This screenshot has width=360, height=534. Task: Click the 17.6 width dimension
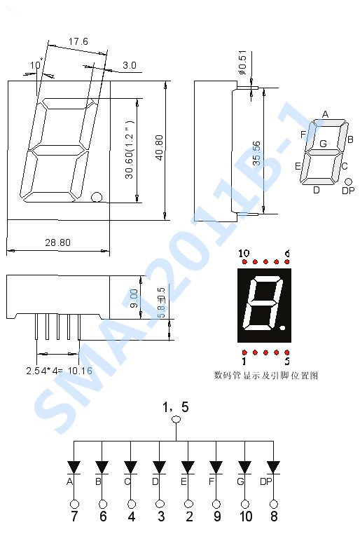click(x=78, y=42)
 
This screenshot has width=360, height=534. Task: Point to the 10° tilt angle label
click(x=36, y=66)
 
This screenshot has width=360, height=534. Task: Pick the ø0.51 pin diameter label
click(x=242, y=62)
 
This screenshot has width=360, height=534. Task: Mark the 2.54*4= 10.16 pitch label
click(x=59, y=370)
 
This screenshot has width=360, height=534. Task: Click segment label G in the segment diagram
click(x=323, y=144)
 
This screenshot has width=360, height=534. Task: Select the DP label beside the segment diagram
click(x=347, y=191)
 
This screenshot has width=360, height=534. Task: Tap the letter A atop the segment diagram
click(x=325, y=114)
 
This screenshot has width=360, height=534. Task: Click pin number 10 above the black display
click(x=244, y=253)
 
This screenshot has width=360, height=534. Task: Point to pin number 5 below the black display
click(x=287, y=362)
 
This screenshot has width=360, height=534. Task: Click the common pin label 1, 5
click(x=175, y=407)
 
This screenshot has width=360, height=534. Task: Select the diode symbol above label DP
click(x=273, y=467)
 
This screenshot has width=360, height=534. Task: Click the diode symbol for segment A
click(x=74, y=467)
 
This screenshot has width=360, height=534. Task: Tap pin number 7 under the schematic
click(x=74, y=517)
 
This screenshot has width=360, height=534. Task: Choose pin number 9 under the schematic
click(x=216, y=517)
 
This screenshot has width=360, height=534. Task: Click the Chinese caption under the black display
click(x=266, y=376)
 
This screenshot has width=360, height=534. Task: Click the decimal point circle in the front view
click(x=97, y=197)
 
